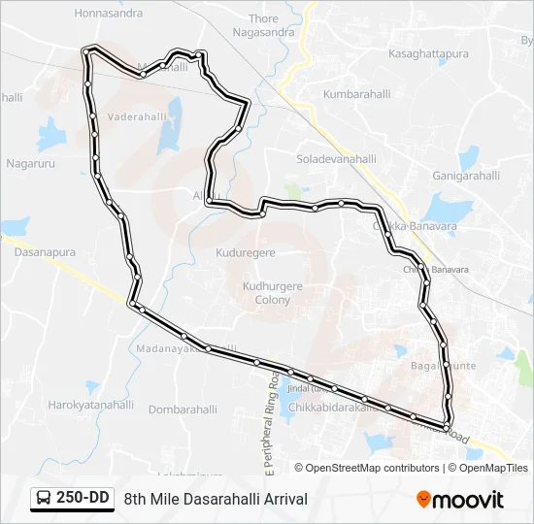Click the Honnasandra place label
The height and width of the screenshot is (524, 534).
point(108,14)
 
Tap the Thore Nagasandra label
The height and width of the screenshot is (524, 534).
point(263,25)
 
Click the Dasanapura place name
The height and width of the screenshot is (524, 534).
point(44,251)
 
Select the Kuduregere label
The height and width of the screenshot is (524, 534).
point(247,252)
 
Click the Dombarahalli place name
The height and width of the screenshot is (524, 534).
point(184,409)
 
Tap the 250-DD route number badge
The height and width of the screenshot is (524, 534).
point(82,498)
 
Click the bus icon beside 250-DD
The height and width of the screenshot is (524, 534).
point(45,499)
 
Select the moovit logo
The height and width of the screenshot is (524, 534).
point(460,499)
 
